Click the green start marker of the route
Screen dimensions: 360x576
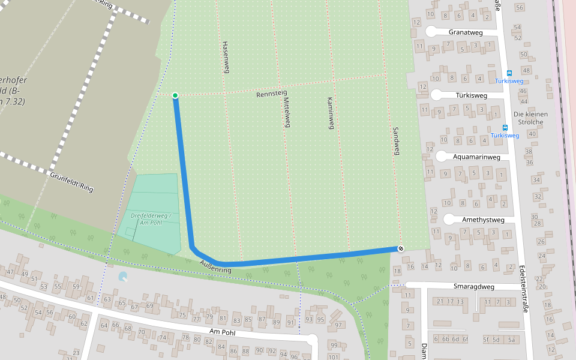(x=175, y=95)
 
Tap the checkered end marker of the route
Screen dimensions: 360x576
(x=400, y=248)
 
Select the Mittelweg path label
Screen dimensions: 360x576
(x=286, y=112)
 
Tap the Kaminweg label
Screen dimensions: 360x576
(x=329, y=113)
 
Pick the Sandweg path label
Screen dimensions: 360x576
(x=395, y=141)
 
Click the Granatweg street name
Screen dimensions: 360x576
(x=466, y=32)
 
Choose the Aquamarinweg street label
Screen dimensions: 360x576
(x=477, y=157)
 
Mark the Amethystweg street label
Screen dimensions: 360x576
(x=483, y=220)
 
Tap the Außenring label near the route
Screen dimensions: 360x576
(x=216, y=267)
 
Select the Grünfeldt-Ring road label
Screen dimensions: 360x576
(x=72, y=182)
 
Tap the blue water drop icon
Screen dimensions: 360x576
(x=123, y=277)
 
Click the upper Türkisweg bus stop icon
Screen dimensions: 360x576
(x=509, y=73)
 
